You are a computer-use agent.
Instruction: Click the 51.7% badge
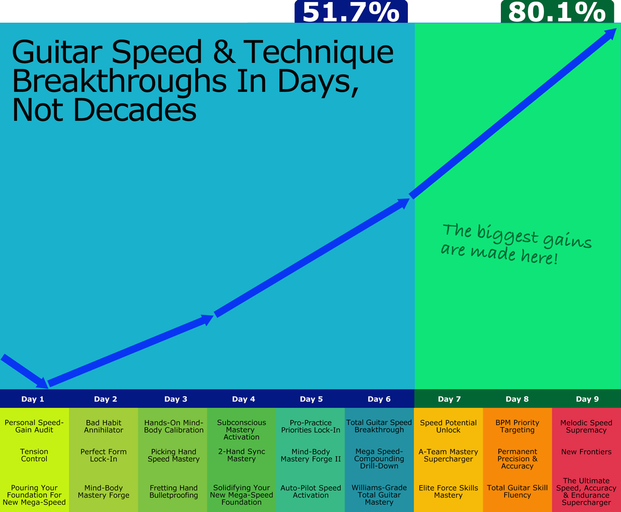click(x=351, y=11)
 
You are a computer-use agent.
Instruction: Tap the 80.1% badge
click(x=557, y=11)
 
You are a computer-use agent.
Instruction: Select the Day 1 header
click(x=33, y=399)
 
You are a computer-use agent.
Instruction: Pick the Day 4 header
click(x=244, y=399)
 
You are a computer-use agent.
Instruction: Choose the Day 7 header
click(x=449, y=399)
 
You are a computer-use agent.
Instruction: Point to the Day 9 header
click(x=587, y=399)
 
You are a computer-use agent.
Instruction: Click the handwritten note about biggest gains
click(x=516, y=244)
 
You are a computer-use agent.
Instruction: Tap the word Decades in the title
click(x=135, y=110)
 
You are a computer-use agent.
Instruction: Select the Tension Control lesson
click(x=34, y=455)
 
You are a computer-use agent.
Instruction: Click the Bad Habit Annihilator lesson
click(x=103, y=426)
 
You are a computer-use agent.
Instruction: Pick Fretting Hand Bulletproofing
click(x=174, y=491)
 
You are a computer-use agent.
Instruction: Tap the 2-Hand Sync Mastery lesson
click(x=242, y=455)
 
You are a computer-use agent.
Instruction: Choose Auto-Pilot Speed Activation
click(x=310, y=491)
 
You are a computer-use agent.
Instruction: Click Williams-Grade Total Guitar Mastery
click(x=379, y=495)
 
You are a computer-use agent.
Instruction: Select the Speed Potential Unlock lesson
click(x=448, y=426)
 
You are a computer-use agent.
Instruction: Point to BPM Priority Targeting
click(x=517, y=426)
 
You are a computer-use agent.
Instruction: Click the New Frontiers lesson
click(x=586, y=452)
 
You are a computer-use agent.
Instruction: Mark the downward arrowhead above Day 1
click(x=42, y=383)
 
